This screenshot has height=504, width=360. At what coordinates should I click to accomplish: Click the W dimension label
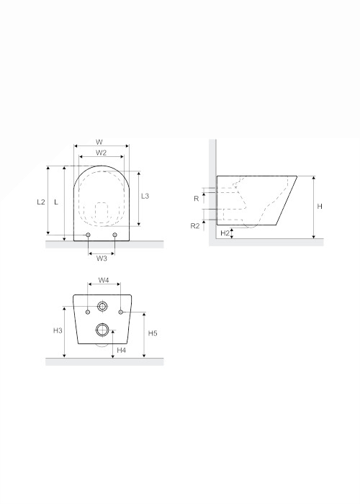click(x=99, y=142)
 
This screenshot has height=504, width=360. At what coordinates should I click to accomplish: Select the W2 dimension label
click(x=101, y=153)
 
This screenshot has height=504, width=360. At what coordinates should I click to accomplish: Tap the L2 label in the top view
click(x=41, y=202)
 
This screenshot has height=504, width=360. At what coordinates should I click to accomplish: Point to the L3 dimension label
click(x=145, y=196)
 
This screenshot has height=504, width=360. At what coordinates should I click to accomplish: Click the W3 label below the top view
click(x=102, y=258)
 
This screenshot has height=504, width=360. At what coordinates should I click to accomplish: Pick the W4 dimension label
click(x=104, y=280)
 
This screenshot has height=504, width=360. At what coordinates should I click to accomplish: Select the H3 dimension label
click(x=58, y=330)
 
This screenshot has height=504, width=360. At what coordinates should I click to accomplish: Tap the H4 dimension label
click(x=121, y=351)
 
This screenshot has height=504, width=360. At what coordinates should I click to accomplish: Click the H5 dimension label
click(x=153, y=333)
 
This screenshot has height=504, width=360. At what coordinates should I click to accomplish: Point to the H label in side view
click(x=320, y=207)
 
